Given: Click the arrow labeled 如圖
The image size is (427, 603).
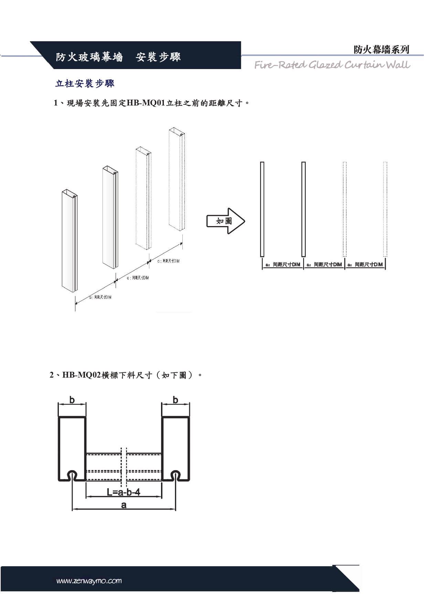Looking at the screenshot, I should [225, 221].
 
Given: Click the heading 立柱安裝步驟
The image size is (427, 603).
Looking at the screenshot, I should [85, 83].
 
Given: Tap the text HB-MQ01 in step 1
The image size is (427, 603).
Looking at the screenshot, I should [146, 103].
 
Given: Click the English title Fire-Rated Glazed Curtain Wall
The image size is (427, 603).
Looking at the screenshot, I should [332, 65].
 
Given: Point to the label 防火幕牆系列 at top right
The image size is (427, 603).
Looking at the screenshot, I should [381, 49].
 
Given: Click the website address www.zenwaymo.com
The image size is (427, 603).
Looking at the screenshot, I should [89, 581].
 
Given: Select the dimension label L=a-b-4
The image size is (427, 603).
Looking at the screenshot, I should [124, 492].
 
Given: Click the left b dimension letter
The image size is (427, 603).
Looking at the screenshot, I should [72, 400].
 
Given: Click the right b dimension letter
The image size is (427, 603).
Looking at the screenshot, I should [175, 400].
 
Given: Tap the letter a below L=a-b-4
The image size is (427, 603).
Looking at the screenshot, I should [124, 505].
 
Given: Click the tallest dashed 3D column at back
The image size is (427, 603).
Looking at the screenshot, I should [177, 179].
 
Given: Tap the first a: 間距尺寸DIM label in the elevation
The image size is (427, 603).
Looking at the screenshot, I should [283, 265].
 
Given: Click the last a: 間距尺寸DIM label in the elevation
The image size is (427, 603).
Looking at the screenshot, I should [365, 265].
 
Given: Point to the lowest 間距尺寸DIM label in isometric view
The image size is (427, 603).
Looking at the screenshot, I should [100, 297].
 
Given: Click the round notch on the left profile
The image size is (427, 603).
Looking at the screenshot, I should [72, 474].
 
